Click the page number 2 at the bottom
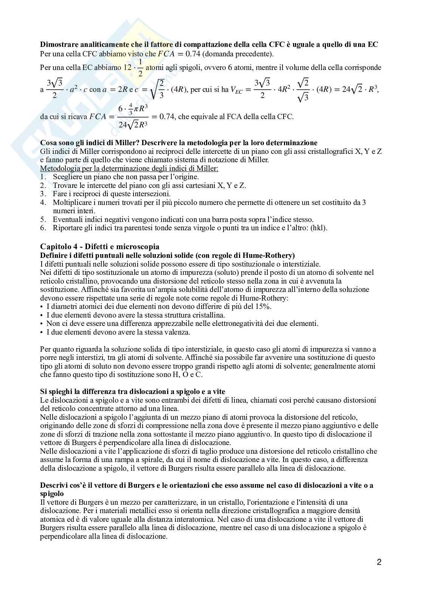(379, 562)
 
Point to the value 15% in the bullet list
(263, 307)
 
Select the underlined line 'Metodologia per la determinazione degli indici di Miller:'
(129, 168)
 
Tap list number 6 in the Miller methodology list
(43, 228)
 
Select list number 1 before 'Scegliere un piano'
(43, 177)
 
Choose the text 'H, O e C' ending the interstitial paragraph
(189, 375)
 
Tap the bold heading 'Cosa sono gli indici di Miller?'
(89, 143)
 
